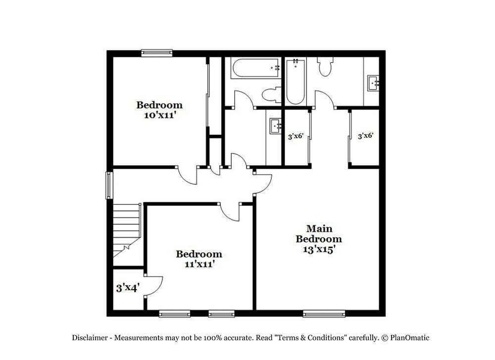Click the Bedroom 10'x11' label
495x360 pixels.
pos(159,110)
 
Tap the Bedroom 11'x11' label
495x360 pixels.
pos(199,259)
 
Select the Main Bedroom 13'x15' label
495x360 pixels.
pos(319,239)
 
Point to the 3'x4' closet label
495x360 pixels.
pos(128,288)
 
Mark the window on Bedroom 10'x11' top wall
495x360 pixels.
pos(156,52)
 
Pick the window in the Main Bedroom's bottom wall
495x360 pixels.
pos(324,313)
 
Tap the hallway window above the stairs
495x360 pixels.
pos(109,185)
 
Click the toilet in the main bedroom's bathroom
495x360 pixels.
pos(325,67)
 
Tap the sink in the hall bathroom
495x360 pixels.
pos(275,127)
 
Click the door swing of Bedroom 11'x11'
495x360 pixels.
pos(229,213)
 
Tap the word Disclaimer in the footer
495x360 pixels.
pos(91,338)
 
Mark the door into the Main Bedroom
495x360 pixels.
pos(262,183)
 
